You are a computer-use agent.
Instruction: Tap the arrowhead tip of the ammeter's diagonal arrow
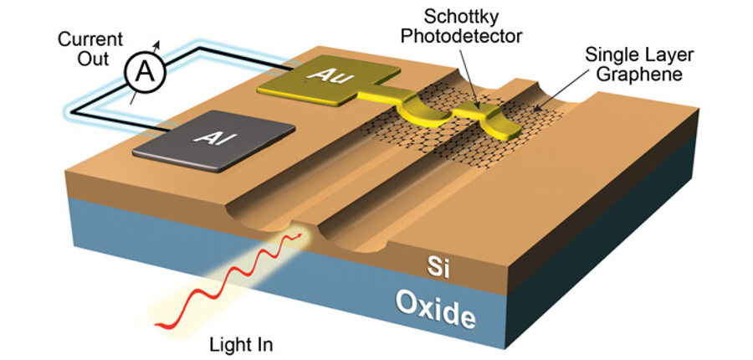coord(161,41)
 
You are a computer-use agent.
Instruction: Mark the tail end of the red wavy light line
coord(156,326)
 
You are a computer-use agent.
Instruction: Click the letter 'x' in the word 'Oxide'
coord(426,307)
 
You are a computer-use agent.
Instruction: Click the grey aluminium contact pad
coord(213,141)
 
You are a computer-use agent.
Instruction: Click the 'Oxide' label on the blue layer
coord(436,307)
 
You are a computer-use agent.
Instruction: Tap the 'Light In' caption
coord(241,345)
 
